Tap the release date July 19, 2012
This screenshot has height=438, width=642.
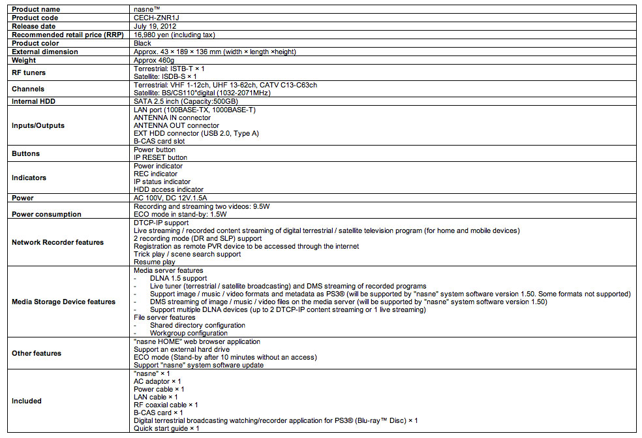click(155, 26)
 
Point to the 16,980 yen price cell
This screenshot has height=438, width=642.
click(174, 35)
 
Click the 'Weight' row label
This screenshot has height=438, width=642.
click(23, 60)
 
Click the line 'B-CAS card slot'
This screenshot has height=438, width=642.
click(159, 141)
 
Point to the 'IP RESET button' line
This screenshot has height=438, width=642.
click(160, 157)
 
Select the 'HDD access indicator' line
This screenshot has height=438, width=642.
click(169, 189)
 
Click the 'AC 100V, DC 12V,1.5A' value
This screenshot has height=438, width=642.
click(172, 198)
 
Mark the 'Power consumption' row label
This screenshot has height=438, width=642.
click(46, 214)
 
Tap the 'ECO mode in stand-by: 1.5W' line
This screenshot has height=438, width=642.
click(181, 214)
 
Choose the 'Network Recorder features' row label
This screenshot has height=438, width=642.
click(57, 242)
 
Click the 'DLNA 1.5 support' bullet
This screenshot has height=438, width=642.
click(178, 278)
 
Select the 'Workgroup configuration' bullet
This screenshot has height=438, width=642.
click(189, 333)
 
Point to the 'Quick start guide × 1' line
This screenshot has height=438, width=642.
click(166, 428)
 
